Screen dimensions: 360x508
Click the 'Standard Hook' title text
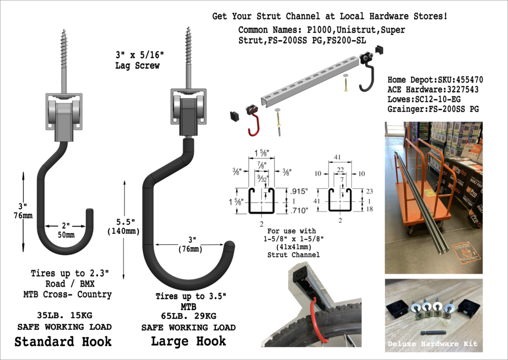[x=63, y=342]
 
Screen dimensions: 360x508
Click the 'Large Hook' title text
[x=189, y=341]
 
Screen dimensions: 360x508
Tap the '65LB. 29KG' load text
[x=189, y=316]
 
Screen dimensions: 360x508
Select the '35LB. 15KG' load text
[x=63, y=315]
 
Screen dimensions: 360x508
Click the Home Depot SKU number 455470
[x=465, y=79]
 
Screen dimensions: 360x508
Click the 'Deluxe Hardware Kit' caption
[x=433, y=343]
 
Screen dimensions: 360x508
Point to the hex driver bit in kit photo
[x=433, y=333]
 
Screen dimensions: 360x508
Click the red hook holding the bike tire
[x=318, y=323]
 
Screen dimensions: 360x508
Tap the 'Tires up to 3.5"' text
[x=190, y=296]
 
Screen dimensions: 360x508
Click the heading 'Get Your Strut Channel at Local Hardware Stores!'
[x=329, y=16]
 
